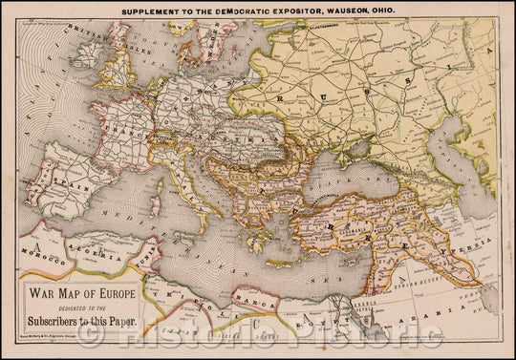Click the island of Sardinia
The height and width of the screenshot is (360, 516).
point(156,204)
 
